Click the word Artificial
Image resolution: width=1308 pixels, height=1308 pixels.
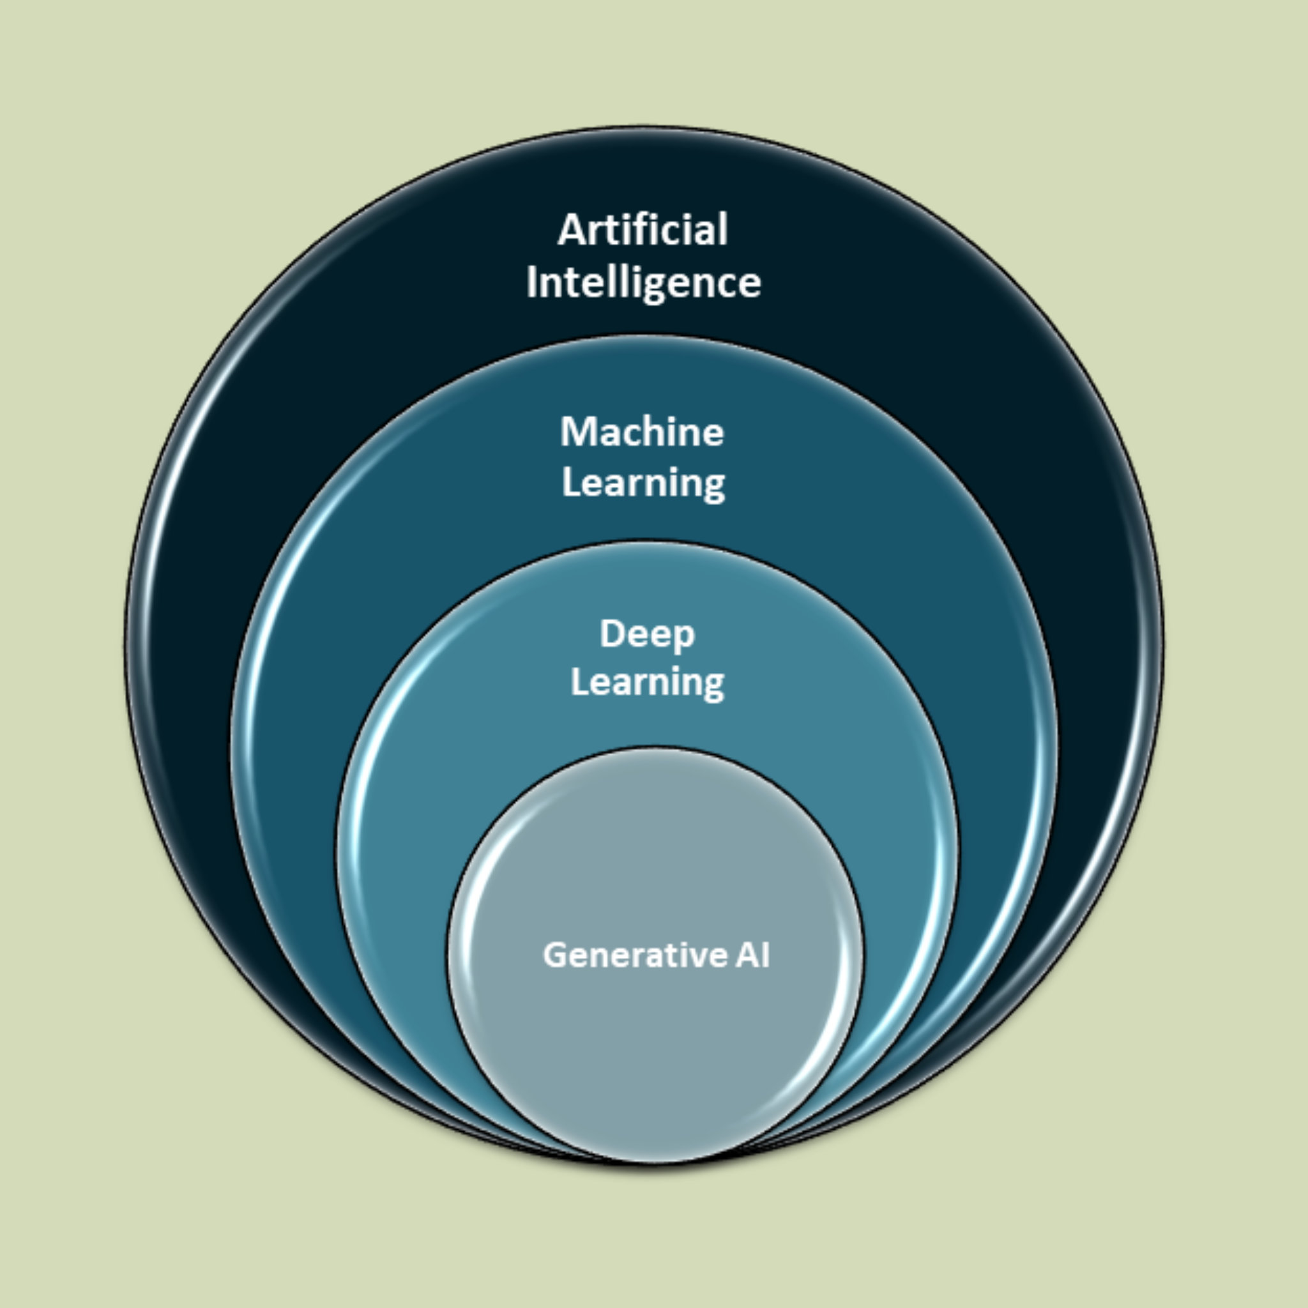pos(643,229)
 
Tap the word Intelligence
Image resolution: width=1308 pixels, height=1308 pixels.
pos(643,282)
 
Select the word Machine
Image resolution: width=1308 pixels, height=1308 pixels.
pos(642,432)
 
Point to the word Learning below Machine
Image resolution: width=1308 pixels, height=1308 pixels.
pos(643,483)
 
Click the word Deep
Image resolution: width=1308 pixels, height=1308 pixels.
pos(647,634)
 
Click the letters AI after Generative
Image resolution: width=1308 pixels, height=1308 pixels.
pos(752,955)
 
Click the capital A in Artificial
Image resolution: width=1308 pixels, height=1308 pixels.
pos(570,230)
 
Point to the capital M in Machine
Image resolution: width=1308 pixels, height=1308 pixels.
pos(575,432)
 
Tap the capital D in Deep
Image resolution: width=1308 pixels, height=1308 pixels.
pos(612,634)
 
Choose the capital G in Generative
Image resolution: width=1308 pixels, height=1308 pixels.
pos(556,955)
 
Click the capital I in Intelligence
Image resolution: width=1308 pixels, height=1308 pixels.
pos(531,282)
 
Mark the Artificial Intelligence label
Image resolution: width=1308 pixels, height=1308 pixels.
pos(643,256)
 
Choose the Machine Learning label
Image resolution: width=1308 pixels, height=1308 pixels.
pos(643,457)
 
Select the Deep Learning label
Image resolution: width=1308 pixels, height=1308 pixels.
pos(647,658)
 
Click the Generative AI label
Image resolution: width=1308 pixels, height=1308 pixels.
pos(656,955)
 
